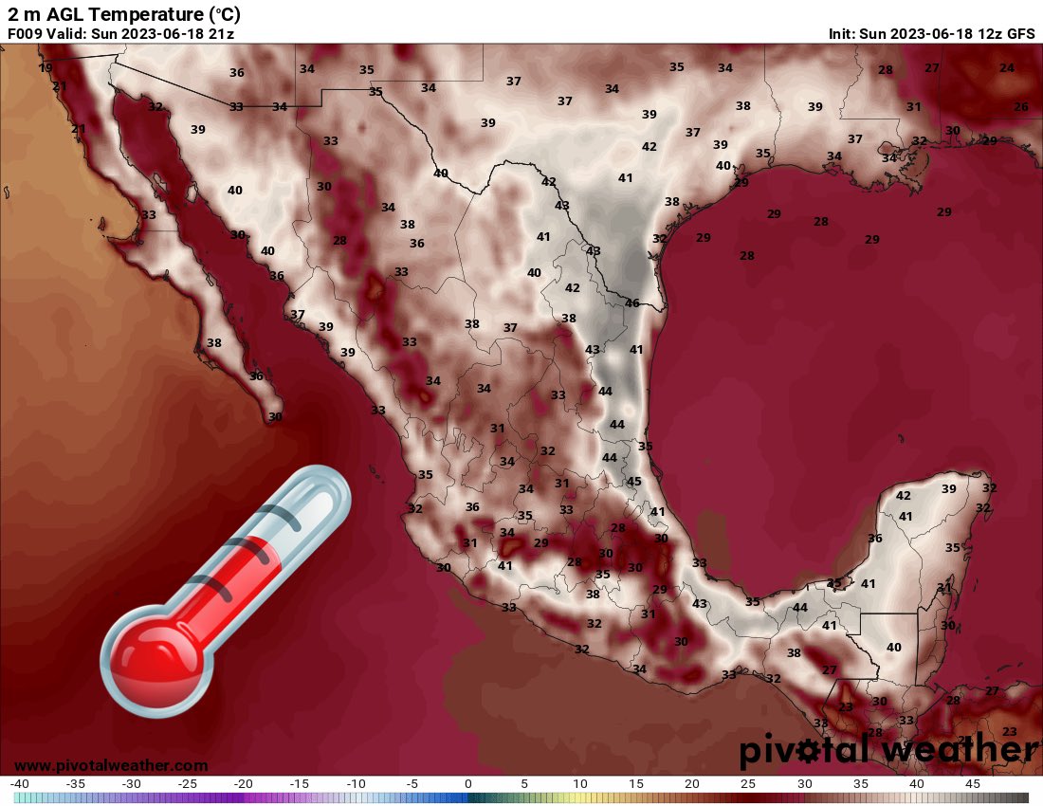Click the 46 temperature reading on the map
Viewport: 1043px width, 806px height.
coord(631,303)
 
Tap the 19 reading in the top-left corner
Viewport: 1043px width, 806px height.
coord(46,68)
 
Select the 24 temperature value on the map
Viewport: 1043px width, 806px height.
coord(1006,68)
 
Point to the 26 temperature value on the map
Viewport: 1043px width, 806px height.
coord(1020,107)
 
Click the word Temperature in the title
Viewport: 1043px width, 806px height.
coord(145,14)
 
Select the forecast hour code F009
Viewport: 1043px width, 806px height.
coord(26,33)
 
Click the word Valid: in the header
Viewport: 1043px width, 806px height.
coord(68,33)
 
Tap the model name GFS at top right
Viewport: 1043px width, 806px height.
coord(1020,33)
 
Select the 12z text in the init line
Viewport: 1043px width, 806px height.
coord(987,33)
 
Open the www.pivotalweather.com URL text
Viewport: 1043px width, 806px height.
coord(111,765)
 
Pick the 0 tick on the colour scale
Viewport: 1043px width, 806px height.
coord(468,784)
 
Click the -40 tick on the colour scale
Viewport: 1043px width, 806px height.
coord(20,784)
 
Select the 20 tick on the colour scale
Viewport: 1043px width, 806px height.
coord(692,784)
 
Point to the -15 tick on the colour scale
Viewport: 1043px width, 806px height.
coord(300,784)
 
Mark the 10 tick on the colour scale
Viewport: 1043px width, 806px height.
coord(580,784)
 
